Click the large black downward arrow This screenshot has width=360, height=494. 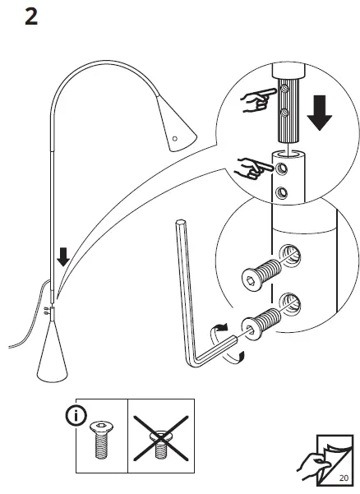[x=320, y=114]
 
